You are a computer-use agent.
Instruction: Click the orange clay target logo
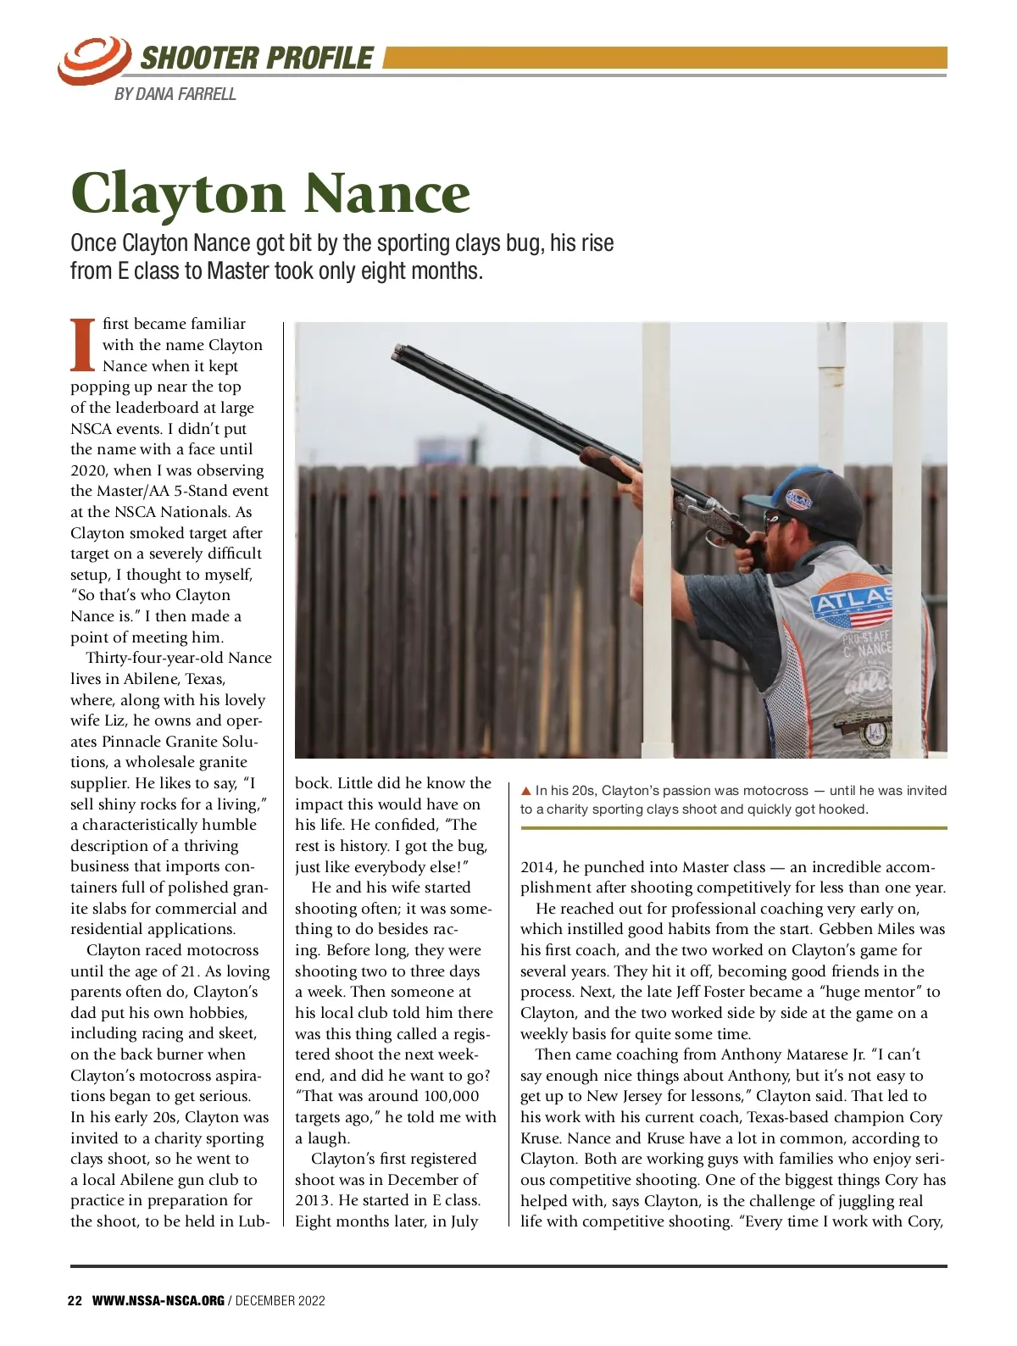[x=94, y=58]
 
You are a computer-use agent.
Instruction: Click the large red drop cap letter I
[x=82, y=345]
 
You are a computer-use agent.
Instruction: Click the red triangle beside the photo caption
[x=526, y=790]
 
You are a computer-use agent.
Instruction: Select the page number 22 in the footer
[x=75, y=1301]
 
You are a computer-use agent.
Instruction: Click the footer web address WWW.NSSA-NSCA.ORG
[x=158, y=1301]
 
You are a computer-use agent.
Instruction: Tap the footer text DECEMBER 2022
[x=281, y=1301]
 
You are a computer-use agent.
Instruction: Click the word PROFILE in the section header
[x=318, y=58]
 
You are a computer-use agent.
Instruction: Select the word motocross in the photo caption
[x=775, y=790]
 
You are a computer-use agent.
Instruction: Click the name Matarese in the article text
[x=814, y=1054]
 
